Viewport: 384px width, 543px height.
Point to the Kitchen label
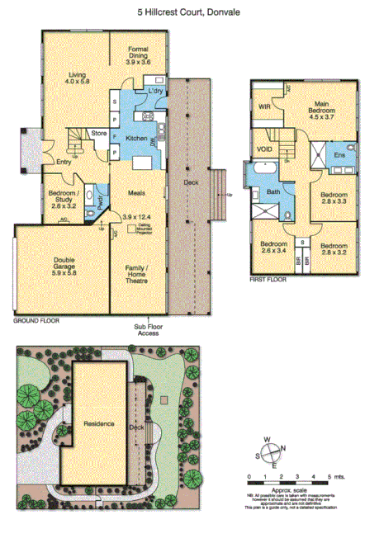pyautogui.click(x=136, y=139)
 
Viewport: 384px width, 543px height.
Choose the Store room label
pyautogui.click(x=99, y=132)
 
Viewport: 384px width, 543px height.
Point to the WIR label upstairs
pyautogui.click(x=264, y=106)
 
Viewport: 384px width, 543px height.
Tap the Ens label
pyautogui.click(x=339, y=154)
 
